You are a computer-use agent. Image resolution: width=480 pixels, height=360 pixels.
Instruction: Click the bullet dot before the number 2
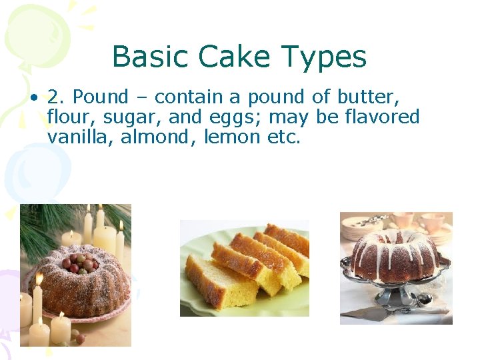[33, 98]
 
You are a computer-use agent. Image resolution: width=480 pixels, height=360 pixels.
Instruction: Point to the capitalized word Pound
[100, 97]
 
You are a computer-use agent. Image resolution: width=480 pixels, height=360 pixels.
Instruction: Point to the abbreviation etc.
[286, 137]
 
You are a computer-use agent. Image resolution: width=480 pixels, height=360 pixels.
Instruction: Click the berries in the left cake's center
[79, 262]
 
